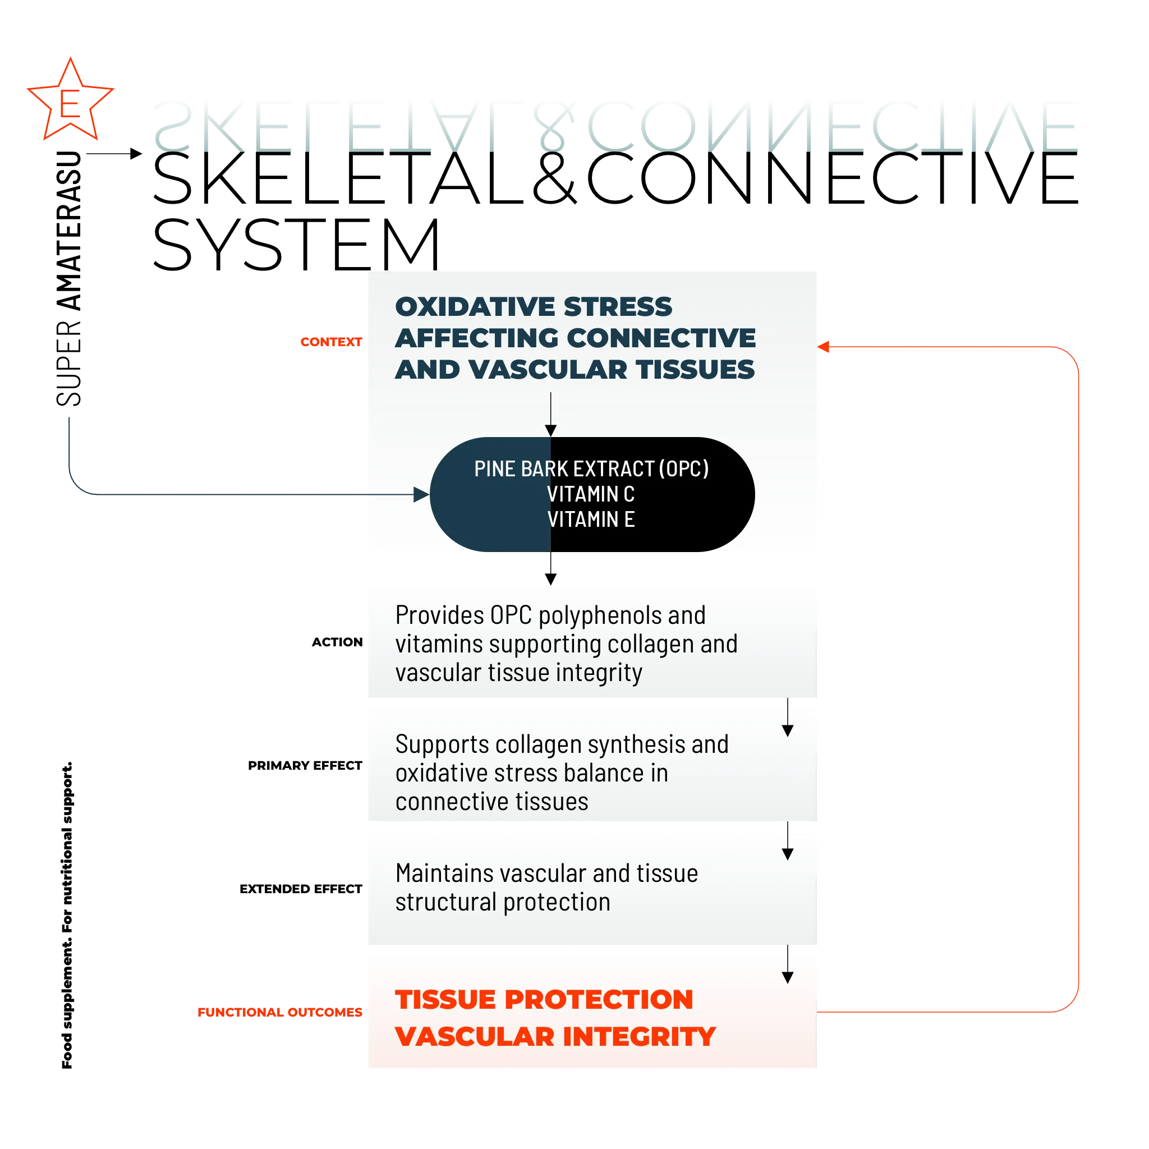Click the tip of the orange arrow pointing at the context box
click(x=817, y=347)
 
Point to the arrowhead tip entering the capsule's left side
click(x=429, y=494)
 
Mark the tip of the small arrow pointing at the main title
click(x=142, y=153)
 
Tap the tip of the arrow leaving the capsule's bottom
click(x=551, y=585)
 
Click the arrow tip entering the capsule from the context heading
click(x=551, y=436)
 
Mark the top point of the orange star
click(x=71, y=58)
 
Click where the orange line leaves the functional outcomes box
click(x=817, y=1012)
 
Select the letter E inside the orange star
click(x=70, y=104)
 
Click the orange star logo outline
click(x=70, y=99)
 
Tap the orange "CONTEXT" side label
click(x=331, y=342)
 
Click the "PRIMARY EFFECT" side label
click(x=305, y=765)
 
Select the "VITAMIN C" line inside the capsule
click(x=591, y=494)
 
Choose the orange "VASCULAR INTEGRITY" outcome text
click(x=555, y=1037)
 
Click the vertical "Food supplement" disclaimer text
click(x=67, y=915)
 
